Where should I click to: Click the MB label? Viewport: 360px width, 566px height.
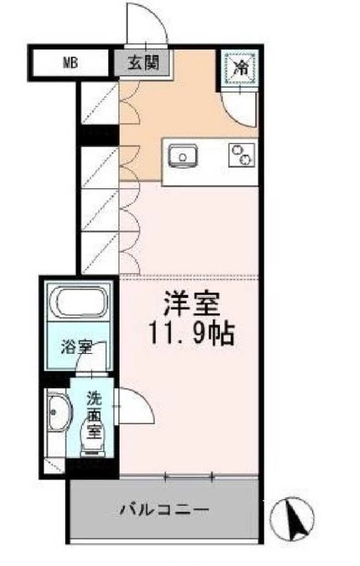[x=71, y=62]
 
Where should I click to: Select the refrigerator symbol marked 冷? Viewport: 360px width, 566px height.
[x=240, y=69]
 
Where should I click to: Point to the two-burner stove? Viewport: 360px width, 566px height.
[x=241, y=154]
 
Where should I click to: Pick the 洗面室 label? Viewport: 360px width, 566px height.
[x=93, y=409]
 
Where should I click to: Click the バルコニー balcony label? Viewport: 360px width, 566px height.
[x=163, y=509]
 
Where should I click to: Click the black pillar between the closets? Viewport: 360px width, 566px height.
[x=98, y=134]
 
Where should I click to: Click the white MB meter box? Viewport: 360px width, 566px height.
[x=71, y=62]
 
